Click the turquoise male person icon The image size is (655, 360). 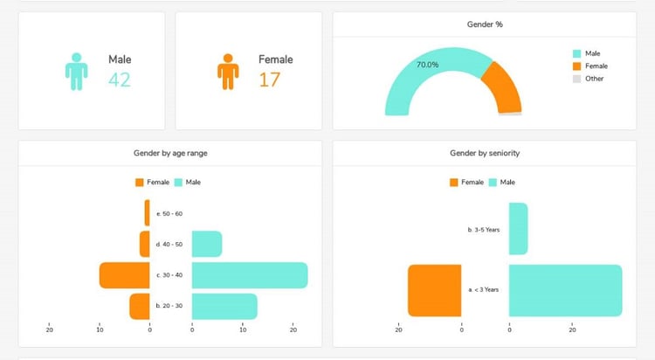(x=77, y=71)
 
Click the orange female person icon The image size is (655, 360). (x=228, y=71)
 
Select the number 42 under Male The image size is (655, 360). (x=120, y=80)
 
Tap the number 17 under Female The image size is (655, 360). (x=270, y=80)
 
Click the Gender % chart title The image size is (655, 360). (x=485, y=24)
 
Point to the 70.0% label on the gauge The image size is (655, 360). (x=428, y=65)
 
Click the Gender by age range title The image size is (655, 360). (x=169, y=153)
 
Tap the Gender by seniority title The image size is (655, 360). (x=485, y=153)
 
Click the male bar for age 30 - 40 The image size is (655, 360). (x=249, y=275)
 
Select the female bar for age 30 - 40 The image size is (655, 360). (x=124, y=275)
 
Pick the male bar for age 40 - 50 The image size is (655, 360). (x=206, y=244)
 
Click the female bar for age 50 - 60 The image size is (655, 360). (x=147, y=213)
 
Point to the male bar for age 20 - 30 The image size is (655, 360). (x=224, y=306)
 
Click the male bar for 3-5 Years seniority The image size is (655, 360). (x=518, y=229)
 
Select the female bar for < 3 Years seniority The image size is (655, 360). (x=434, y=290)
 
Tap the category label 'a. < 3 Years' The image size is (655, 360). (x=484, y=290)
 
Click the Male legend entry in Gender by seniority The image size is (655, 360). (x=505, y=182)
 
